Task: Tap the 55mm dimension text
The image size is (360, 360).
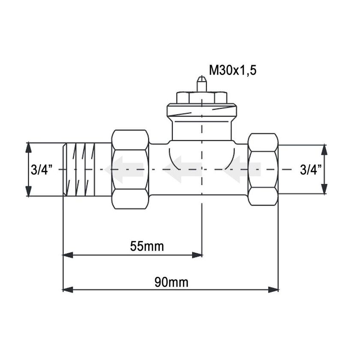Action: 147,246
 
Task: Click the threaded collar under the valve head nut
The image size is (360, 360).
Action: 201,112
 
